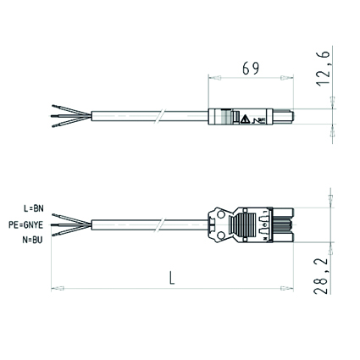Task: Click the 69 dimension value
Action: pyautogui.click(x=251, y=69)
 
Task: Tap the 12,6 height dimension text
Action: pyautogui.click(x=324, y=69)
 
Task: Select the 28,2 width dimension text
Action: pyautogui.click(x=321, y=276)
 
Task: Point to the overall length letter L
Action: pyautogui.click(x=172, y=278)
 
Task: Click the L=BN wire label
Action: pyautogui.click(x=34, y=208)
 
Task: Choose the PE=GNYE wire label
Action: pyautogui.click(x=25, y=224)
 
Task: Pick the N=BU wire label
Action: pyautogui.click(x=32, y=241)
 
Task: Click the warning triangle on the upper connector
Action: pyautogui.click(x=245, y=119)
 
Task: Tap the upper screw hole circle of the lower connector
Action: pyautogui.click(x=221, y=215)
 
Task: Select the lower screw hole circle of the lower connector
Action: pyautogui.click(x=221, y=235)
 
